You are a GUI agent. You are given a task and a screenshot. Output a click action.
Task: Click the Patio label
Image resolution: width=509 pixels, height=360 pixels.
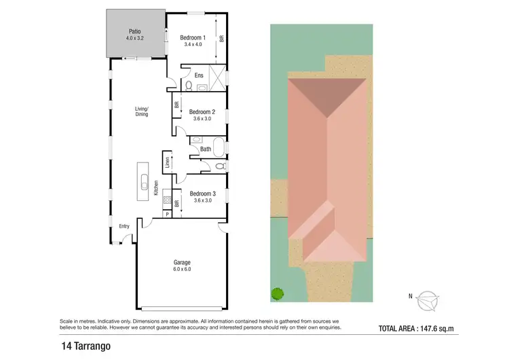coord(135,31)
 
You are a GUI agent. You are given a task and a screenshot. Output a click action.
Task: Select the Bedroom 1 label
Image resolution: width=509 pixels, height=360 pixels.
coord(194,37)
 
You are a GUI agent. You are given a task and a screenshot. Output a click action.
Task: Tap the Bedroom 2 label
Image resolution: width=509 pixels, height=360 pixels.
coord(202,111)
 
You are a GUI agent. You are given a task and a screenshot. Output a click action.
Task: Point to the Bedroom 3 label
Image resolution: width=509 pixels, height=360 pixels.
coord(202,193)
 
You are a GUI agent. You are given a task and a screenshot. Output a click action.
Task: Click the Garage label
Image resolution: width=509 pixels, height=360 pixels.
coord(181,262)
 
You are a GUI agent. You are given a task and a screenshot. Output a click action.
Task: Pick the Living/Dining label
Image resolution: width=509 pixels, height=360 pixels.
coord(142,111)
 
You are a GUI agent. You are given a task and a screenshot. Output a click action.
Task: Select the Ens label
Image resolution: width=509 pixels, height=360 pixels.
coord(199,75)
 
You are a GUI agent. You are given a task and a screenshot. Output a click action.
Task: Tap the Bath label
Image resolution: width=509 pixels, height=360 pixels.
coord(206,149)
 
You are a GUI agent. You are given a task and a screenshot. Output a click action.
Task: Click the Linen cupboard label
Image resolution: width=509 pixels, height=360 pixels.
coord(167,162)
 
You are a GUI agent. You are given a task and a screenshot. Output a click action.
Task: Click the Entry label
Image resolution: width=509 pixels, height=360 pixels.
coord(124,226)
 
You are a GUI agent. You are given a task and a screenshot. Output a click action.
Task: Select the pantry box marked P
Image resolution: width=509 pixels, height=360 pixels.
coord(167,215)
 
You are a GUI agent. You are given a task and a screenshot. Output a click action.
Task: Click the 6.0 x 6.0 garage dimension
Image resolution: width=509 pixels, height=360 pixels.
coord(181,270)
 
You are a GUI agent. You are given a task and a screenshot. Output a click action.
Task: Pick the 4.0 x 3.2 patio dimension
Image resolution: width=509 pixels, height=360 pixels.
coord(135,39)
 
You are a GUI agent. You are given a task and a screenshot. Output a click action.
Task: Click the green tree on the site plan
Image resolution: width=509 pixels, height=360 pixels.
coord(277,294)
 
